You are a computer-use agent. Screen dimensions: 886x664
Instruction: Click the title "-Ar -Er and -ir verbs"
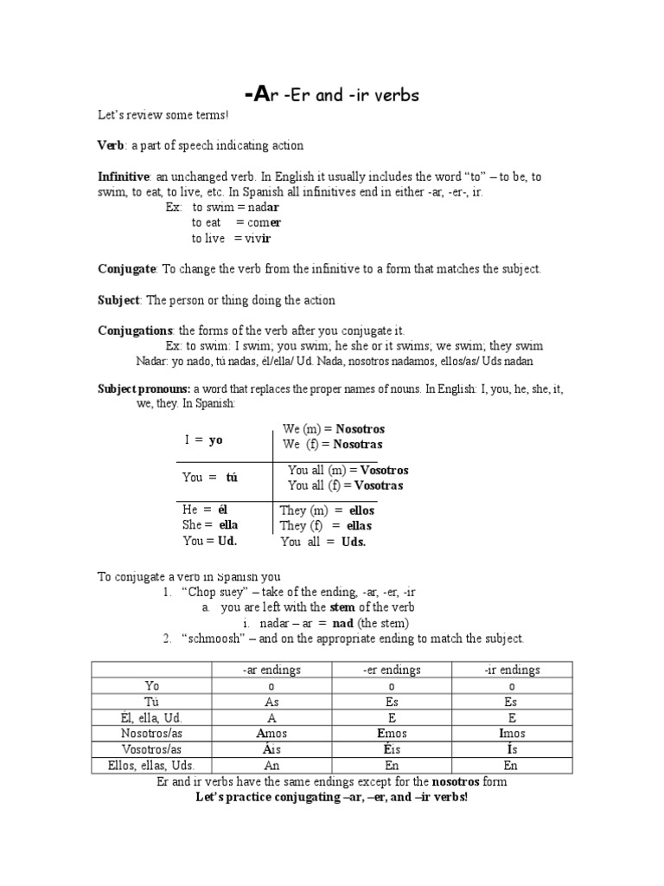pos(332,95)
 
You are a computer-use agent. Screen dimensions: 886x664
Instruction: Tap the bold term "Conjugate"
pos(126,269)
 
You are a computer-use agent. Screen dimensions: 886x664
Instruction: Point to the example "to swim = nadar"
pos(235,208)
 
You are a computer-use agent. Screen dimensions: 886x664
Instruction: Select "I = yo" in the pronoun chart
pos(203,440)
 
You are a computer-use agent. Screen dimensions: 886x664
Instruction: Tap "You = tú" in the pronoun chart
pos(209,477)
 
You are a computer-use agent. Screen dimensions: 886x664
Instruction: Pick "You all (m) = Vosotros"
pos(348,470)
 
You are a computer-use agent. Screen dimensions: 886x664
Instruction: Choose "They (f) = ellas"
pos(326,526)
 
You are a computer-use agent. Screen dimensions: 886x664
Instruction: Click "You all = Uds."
pos(323,542)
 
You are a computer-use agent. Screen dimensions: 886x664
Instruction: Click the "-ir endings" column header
pos(512,670)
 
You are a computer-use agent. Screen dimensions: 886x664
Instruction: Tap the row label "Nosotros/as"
pos(152,733)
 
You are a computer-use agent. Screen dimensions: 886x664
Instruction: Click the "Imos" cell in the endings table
pos(512,733)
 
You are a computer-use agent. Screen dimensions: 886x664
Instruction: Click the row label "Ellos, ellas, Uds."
pos(152,765)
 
